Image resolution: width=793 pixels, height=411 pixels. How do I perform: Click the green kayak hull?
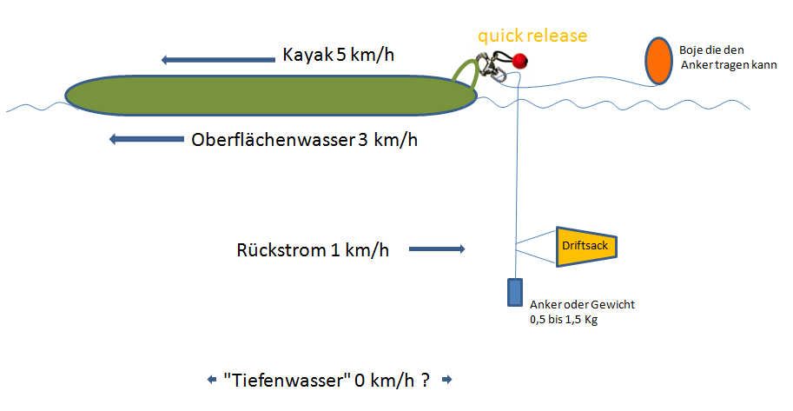click(269, 96)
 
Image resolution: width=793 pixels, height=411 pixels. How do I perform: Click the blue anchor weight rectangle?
click(515, 292)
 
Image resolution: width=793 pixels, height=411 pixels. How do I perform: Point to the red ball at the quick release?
click(520, 61)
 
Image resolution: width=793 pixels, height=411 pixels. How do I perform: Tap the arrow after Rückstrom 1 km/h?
click(436, 250)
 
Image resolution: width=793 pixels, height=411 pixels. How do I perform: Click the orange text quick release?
click(532, 36)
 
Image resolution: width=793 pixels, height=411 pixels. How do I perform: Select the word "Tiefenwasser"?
click(287, 380)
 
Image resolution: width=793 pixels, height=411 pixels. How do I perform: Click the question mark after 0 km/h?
click(426, 380)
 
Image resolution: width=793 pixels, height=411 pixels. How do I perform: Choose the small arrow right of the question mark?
click(447, 380)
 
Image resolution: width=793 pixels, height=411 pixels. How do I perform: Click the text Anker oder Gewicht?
click(582, 305)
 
